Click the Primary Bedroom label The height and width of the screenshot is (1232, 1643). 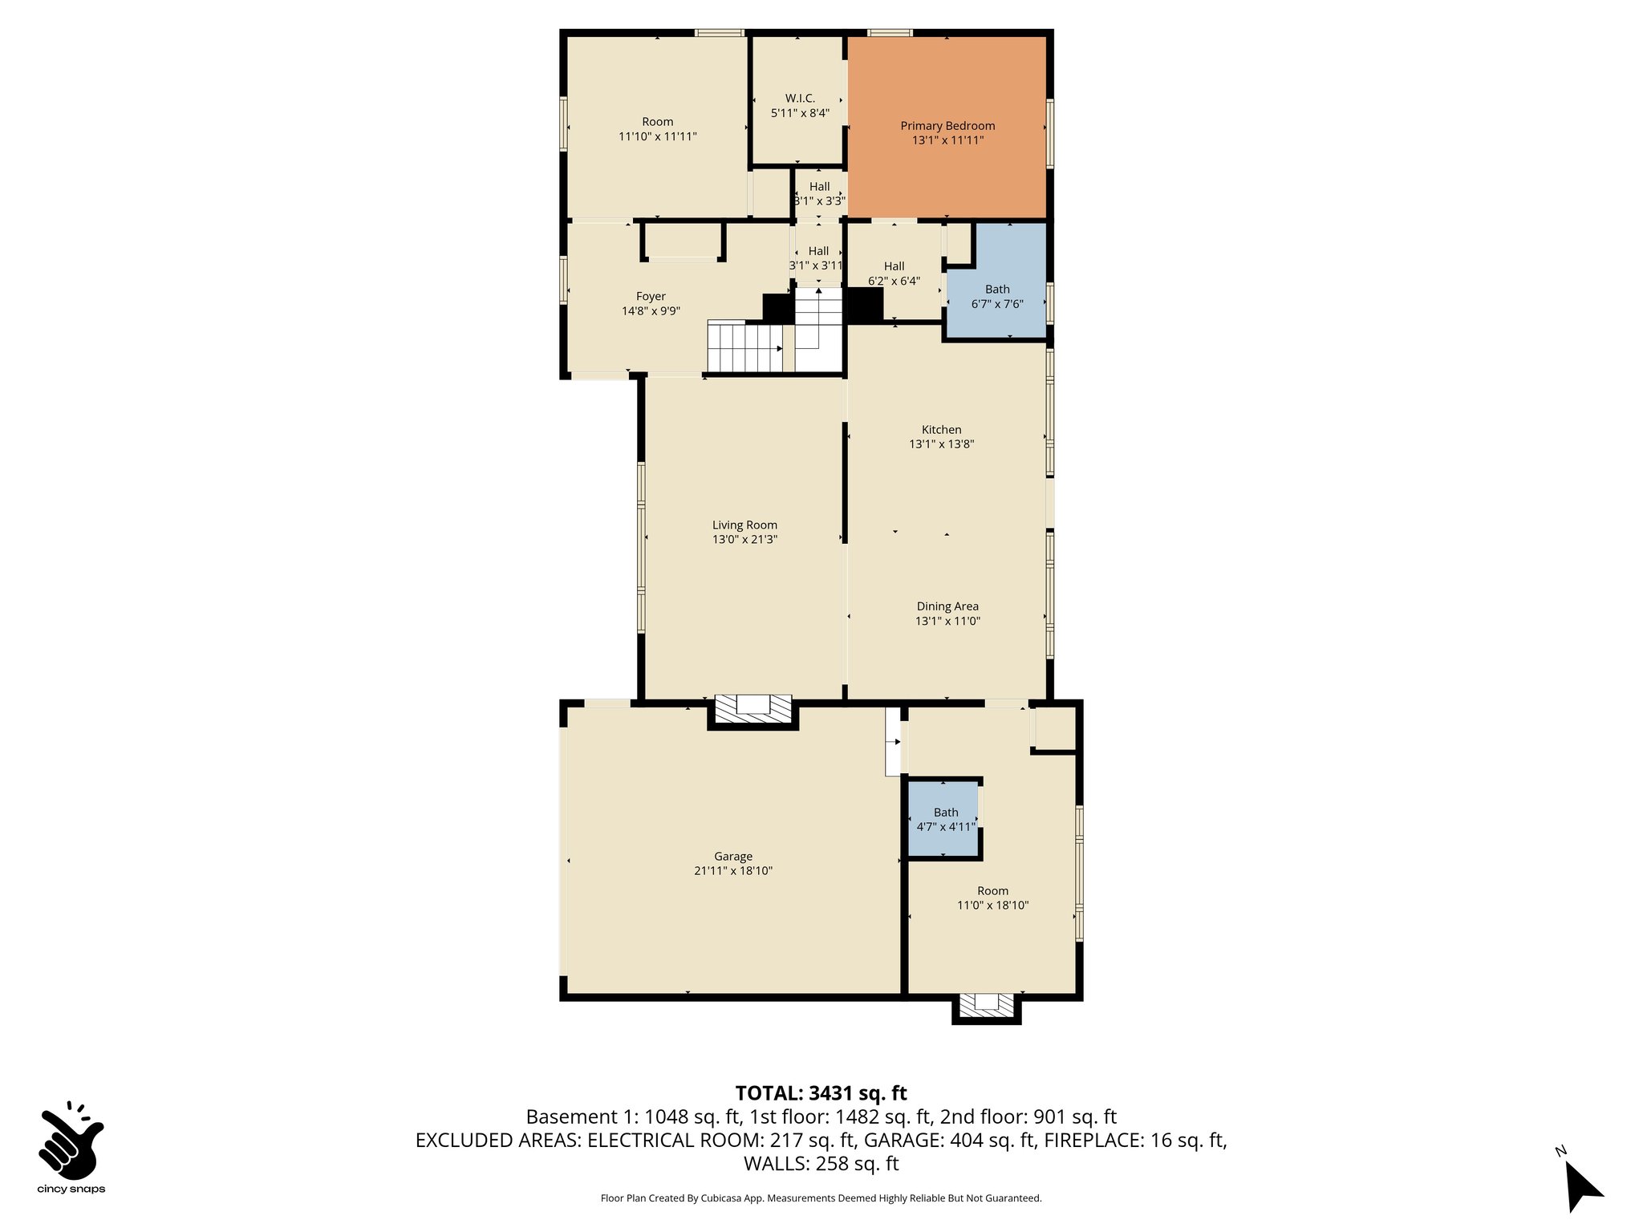click(x=947, y=126)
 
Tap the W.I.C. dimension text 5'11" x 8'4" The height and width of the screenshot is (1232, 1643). click(x=799, y=113)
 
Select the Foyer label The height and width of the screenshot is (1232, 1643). click(x=651, y=296)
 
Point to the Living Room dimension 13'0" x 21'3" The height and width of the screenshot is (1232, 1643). click(x=744, y=540)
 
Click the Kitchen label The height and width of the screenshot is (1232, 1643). click(x=941, y=429)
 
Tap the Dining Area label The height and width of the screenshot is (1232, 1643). click(x=947, y=606)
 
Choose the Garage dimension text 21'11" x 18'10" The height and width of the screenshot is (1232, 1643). click(x=732, y=871)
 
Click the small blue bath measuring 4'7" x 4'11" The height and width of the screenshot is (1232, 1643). click(x=944, y=818)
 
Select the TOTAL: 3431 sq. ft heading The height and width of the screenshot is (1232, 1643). click(x=821, y=1092)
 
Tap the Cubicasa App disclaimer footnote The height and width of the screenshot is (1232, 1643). click(x=821, y=1198)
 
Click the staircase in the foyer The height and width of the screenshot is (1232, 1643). click(x=745, y=347)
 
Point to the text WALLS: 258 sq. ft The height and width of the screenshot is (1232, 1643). click(x=821, y=1163)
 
